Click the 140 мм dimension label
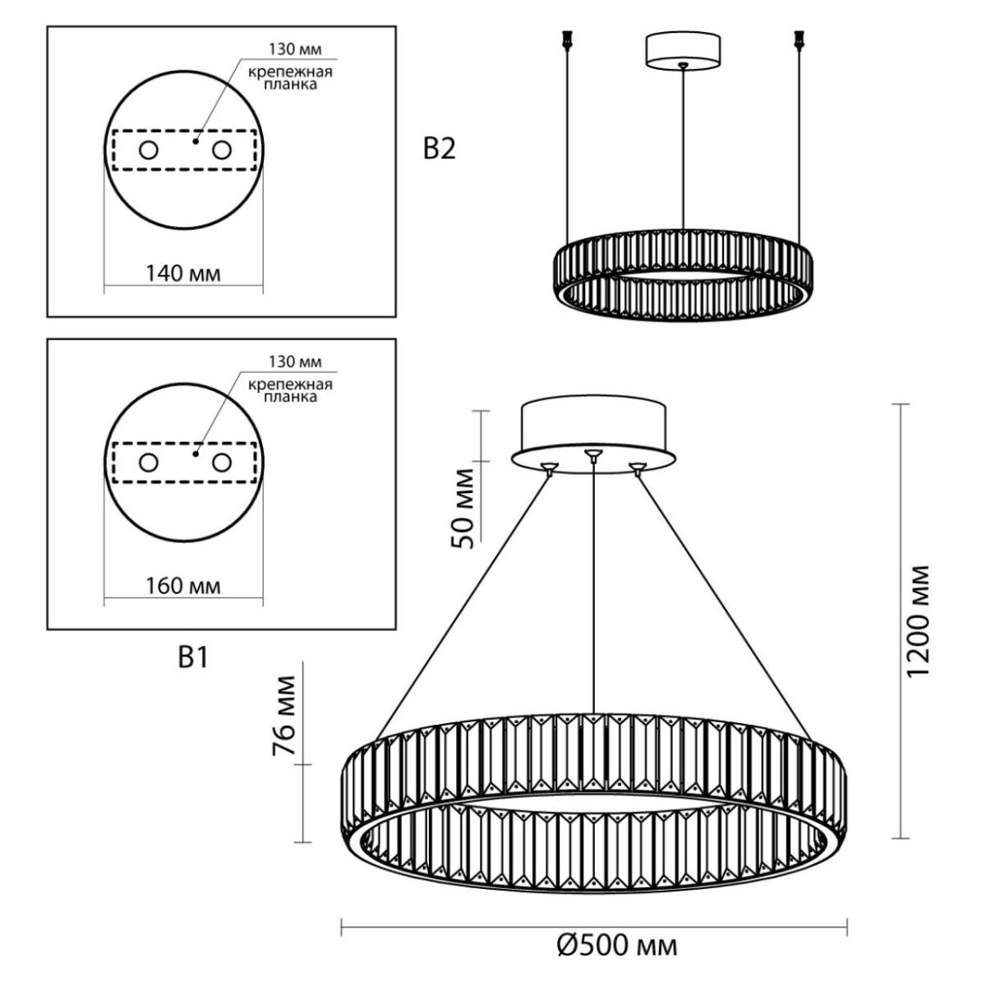click(x=183, y=274)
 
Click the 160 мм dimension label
click(x=183, y=587)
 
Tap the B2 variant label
click(x=439, y=150)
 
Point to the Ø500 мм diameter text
click(x=616, y=947)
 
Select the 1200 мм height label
click(x=917, y=621)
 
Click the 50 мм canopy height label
click(x=463, y=508)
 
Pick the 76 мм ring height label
click(x=284, y=716)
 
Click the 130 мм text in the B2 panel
click(x=295, y=49)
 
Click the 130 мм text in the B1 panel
click(x=295, y=362)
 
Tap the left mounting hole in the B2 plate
click(x=149, y=150)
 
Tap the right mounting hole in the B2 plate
click(x=222, y=150)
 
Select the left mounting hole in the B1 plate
click(x=149, y=463)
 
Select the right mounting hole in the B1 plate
click(x=222, y=463)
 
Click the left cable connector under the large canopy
click(x=549, y=468)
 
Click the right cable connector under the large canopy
click(x=637, y=468)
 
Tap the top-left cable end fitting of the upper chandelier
click(x=566, y=40)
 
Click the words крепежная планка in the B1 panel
click(x=290, y=391)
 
